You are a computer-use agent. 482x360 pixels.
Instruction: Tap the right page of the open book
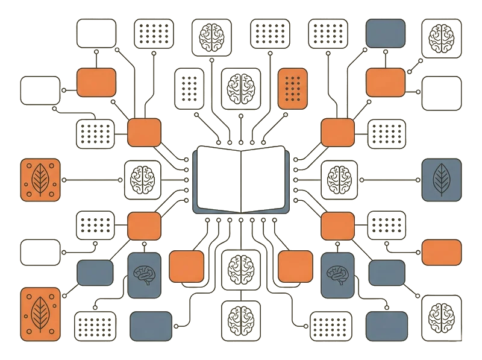tap(266, 178)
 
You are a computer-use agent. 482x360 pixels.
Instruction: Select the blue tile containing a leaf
tap(441, 178)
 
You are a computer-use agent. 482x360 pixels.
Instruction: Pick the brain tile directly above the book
tap(241, 88)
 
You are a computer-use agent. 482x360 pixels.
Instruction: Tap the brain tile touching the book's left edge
tap(143, 179)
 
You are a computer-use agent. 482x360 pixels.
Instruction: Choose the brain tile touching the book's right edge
tap(339, 179)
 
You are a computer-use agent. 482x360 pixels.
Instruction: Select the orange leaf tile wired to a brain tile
tap(41, 179)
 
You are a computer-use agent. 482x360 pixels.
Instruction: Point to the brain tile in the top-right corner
tap(441, 35)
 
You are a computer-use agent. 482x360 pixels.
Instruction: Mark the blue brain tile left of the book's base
tap(144, 274)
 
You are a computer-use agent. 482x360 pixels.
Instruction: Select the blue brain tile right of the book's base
tap(337, 274)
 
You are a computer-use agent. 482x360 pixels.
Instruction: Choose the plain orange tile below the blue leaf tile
tap(441, 252)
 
